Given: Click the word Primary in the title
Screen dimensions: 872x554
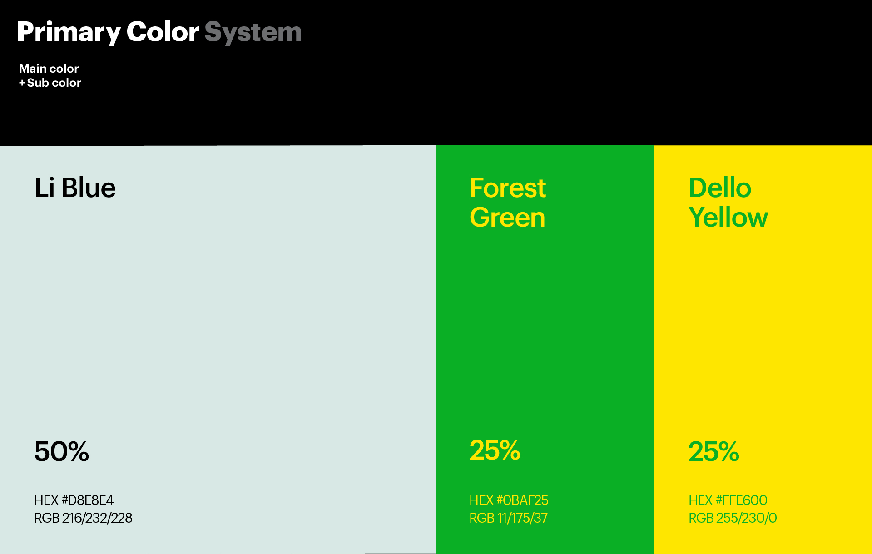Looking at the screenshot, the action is (69, 32).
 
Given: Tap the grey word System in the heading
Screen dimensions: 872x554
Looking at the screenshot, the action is (253, 32).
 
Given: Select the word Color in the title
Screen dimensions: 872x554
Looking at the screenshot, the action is (163, 32).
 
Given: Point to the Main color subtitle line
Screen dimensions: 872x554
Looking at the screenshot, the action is (49, 69).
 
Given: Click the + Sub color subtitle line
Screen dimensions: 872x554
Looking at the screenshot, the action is (50, 83).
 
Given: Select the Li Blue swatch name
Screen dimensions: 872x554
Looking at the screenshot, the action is (75, 188).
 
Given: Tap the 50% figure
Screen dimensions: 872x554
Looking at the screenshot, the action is (62, 451).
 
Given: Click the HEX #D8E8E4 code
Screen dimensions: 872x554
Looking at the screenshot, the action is (74, 500).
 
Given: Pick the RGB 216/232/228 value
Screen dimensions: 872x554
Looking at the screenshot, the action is (84, 518).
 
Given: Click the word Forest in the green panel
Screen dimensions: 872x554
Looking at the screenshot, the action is (508, 188).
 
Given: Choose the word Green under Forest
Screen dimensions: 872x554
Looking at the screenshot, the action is (507, 217).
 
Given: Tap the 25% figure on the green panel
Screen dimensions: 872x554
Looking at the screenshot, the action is (495, 450).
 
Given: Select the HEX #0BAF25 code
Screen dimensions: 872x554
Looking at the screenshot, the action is (509, 500).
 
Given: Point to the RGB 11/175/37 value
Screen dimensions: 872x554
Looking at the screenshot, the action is (509, 518).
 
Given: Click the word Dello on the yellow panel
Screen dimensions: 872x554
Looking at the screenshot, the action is (720, 188).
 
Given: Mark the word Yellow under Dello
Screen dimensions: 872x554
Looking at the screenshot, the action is (728, 217).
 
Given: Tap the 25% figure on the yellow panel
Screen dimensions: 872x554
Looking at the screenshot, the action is (714, 451).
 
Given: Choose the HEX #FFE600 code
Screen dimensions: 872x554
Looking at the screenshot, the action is (728, 500).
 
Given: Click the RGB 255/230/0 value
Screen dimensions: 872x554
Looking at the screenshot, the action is (733, 518).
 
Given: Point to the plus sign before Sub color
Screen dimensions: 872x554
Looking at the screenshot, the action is (22, 83).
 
